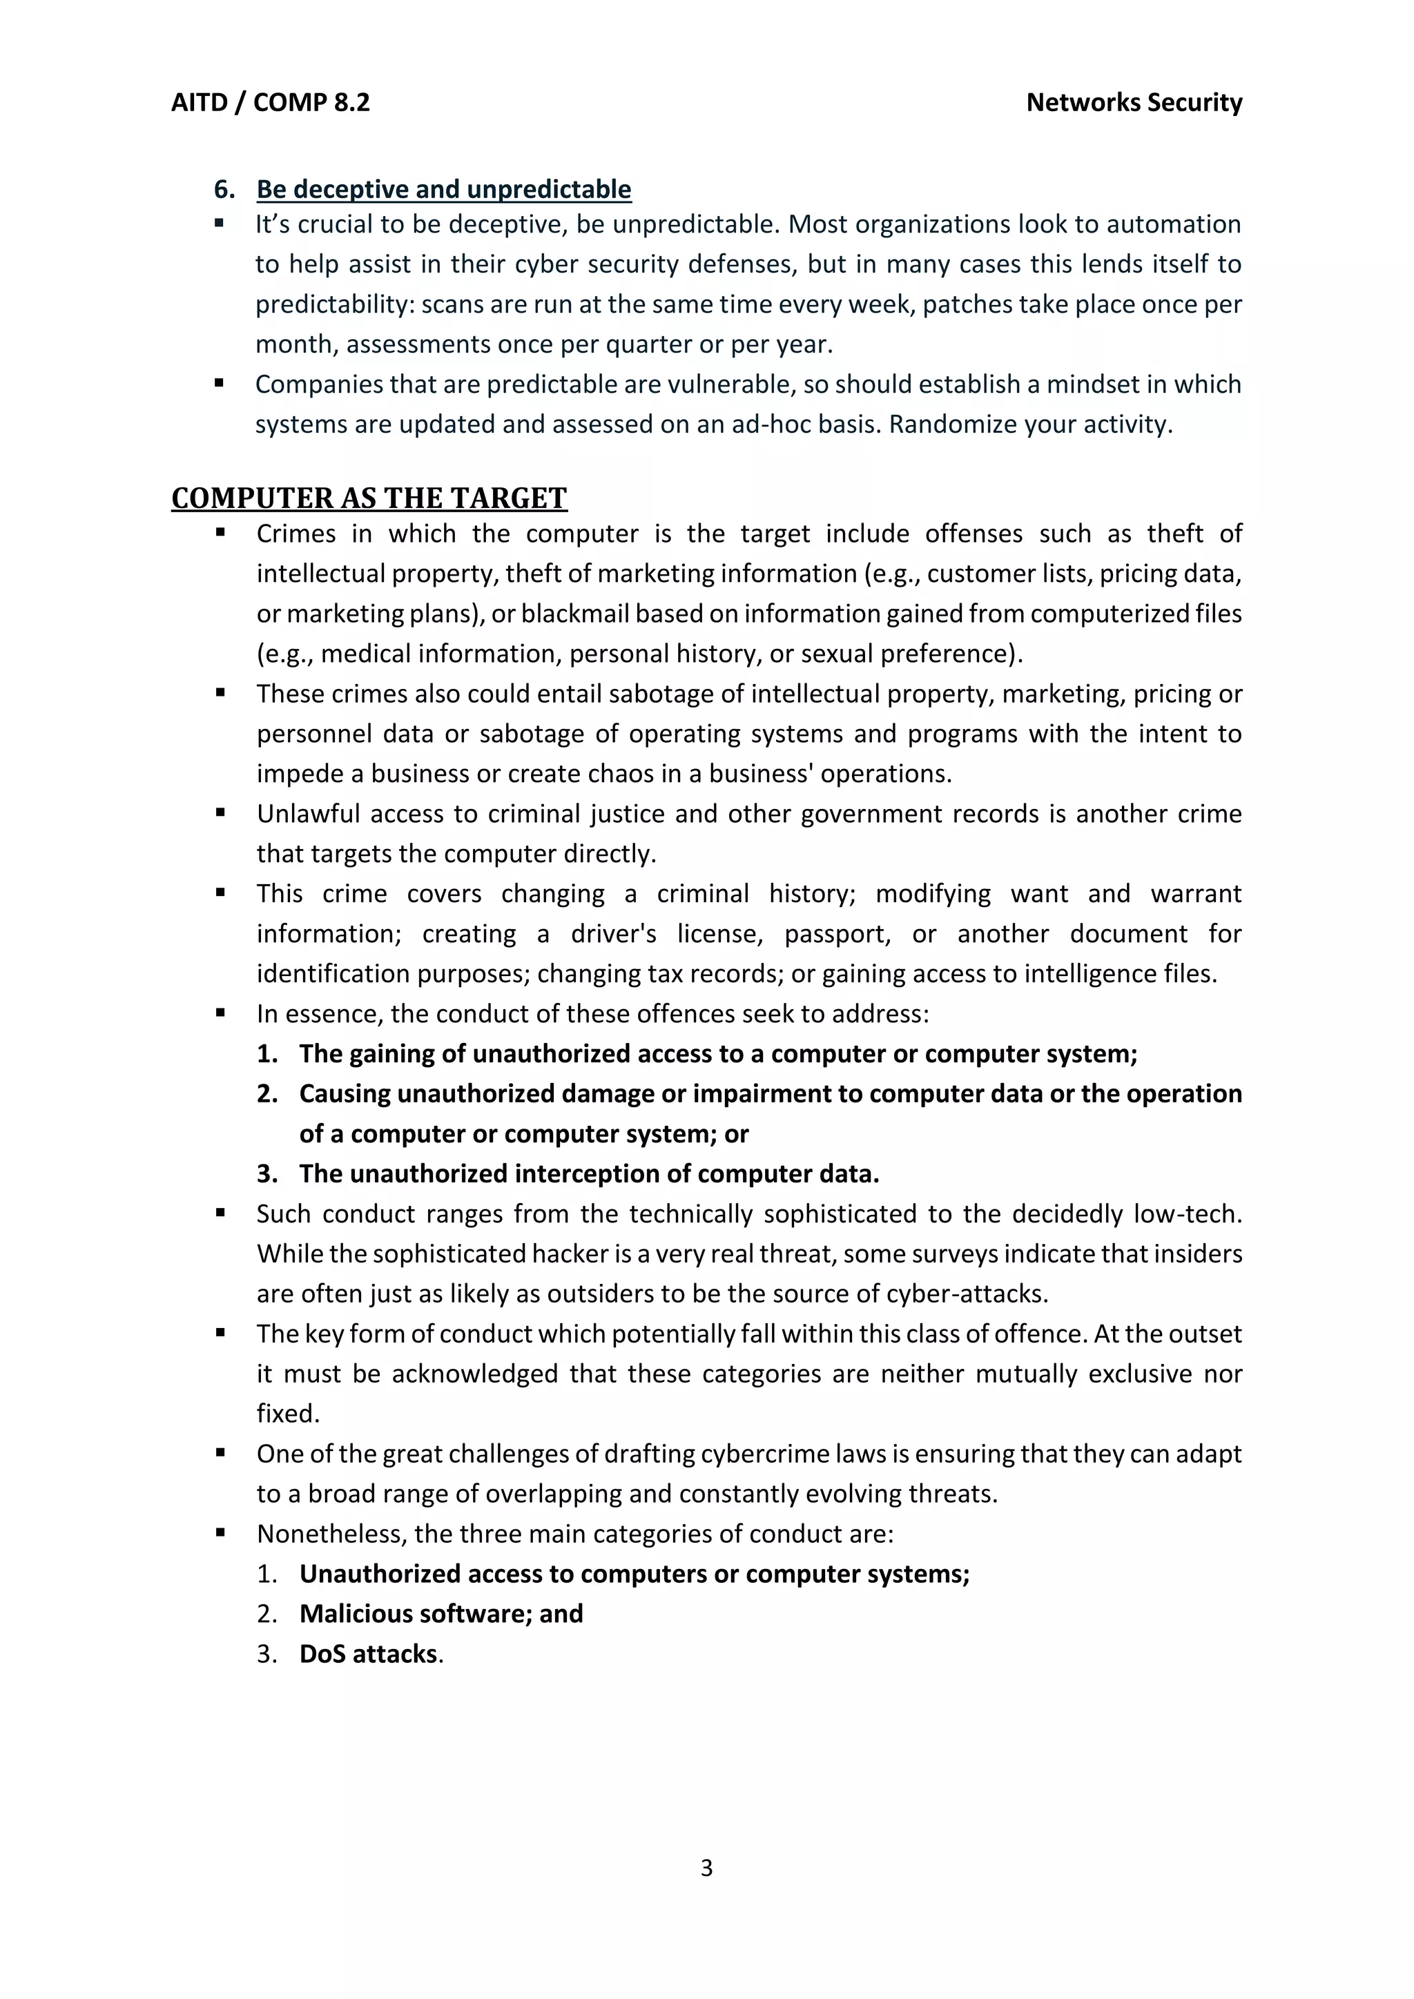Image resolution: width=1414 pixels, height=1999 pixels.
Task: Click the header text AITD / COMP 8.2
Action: (270, 103)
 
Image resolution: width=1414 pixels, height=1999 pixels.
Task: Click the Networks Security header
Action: (1134, 103)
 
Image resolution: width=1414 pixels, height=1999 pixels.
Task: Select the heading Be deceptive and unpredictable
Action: (443, 189)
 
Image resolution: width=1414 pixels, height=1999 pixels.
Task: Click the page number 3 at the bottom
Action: (706, 1868)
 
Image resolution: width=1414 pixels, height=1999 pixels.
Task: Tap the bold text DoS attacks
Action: (369, 1653)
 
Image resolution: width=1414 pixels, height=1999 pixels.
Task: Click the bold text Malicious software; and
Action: (440, 1613)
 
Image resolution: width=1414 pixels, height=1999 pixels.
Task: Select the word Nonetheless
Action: (331, 1533)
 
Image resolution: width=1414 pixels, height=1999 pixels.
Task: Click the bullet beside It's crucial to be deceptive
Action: (220, 224)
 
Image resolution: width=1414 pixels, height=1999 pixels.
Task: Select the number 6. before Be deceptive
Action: (224, 189)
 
